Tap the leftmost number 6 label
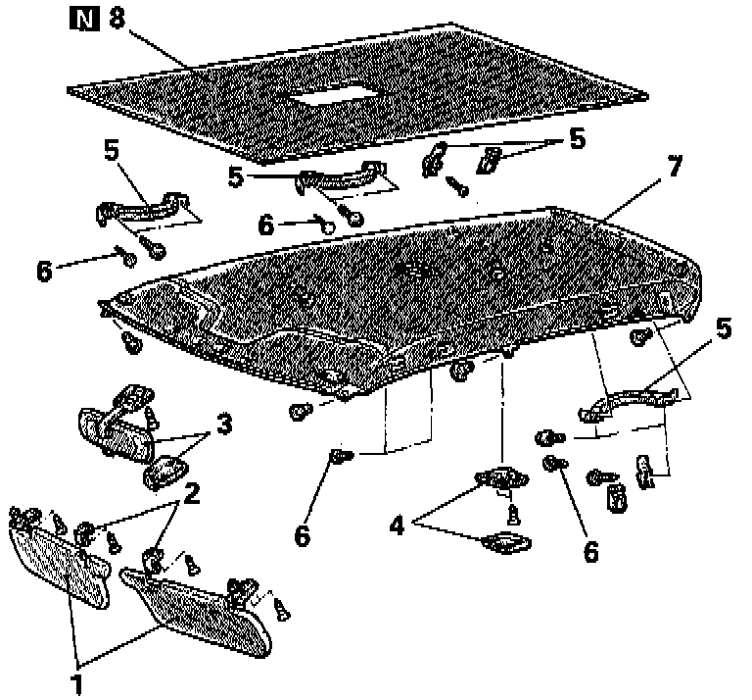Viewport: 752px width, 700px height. pos(43,272)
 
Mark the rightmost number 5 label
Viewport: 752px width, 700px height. pos(723,328)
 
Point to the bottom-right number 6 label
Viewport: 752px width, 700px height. pos(590,551)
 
